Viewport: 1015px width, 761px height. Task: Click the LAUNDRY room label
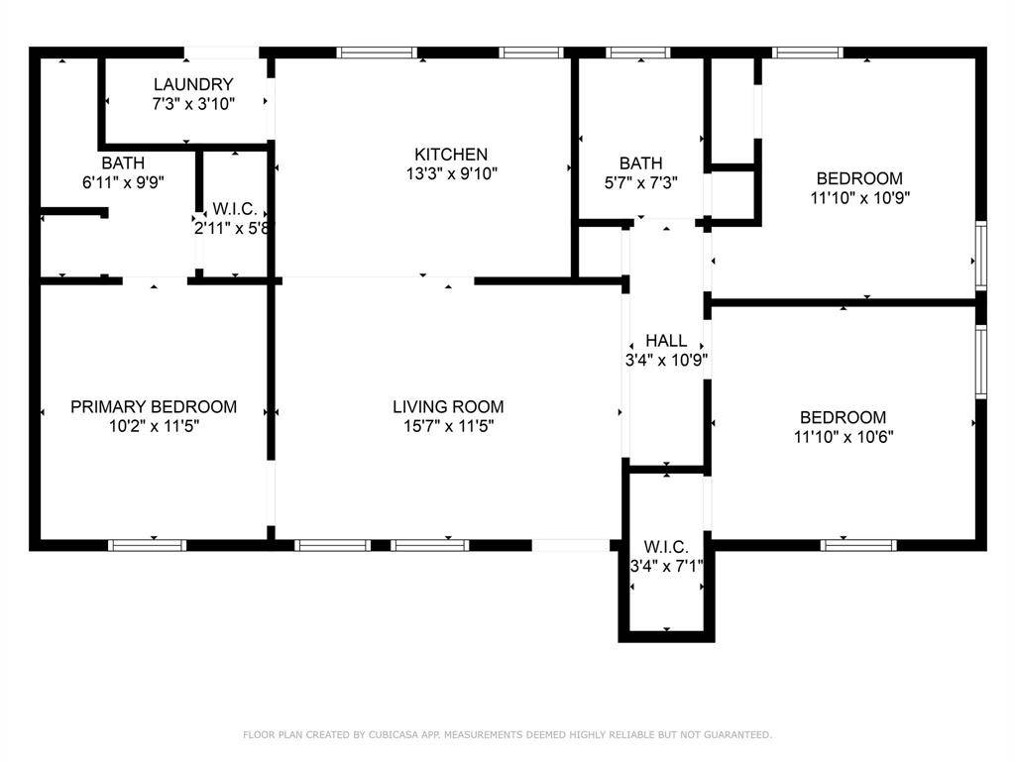[x=193, y=84]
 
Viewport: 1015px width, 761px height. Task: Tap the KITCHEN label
[x=451, y=154]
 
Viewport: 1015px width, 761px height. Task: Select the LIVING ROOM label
[x=448, y=406]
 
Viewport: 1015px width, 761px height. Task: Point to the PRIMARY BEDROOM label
[x=154, y=406]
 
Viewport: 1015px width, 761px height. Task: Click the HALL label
[x=666, y=341]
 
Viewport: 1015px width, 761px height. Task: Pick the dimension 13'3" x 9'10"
[x=451, y=173]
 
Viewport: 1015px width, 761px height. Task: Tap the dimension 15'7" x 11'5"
[x=448, y=426]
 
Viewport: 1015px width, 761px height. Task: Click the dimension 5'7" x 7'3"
[x=641, y=182]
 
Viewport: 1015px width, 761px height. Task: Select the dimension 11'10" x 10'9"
[x=859, y=197]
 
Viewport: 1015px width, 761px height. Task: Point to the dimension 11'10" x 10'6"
[x=844, y=437]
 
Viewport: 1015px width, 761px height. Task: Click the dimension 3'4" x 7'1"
[x=667, y=566]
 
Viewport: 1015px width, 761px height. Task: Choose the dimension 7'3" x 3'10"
[x=193, y=103]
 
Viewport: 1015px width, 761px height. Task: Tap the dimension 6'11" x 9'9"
[x=123, y=182]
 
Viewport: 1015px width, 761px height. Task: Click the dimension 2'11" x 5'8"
[x=232, y=228]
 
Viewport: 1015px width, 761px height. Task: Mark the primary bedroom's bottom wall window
[x=147, y=546]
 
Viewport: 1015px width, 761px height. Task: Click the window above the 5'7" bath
[x=638, y=53]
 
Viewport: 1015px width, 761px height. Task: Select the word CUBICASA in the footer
[x=393, y=734]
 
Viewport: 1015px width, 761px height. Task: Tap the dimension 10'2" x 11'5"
[x=154, y=426]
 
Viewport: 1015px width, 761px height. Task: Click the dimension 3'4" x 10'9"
[x=666, y=360]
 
